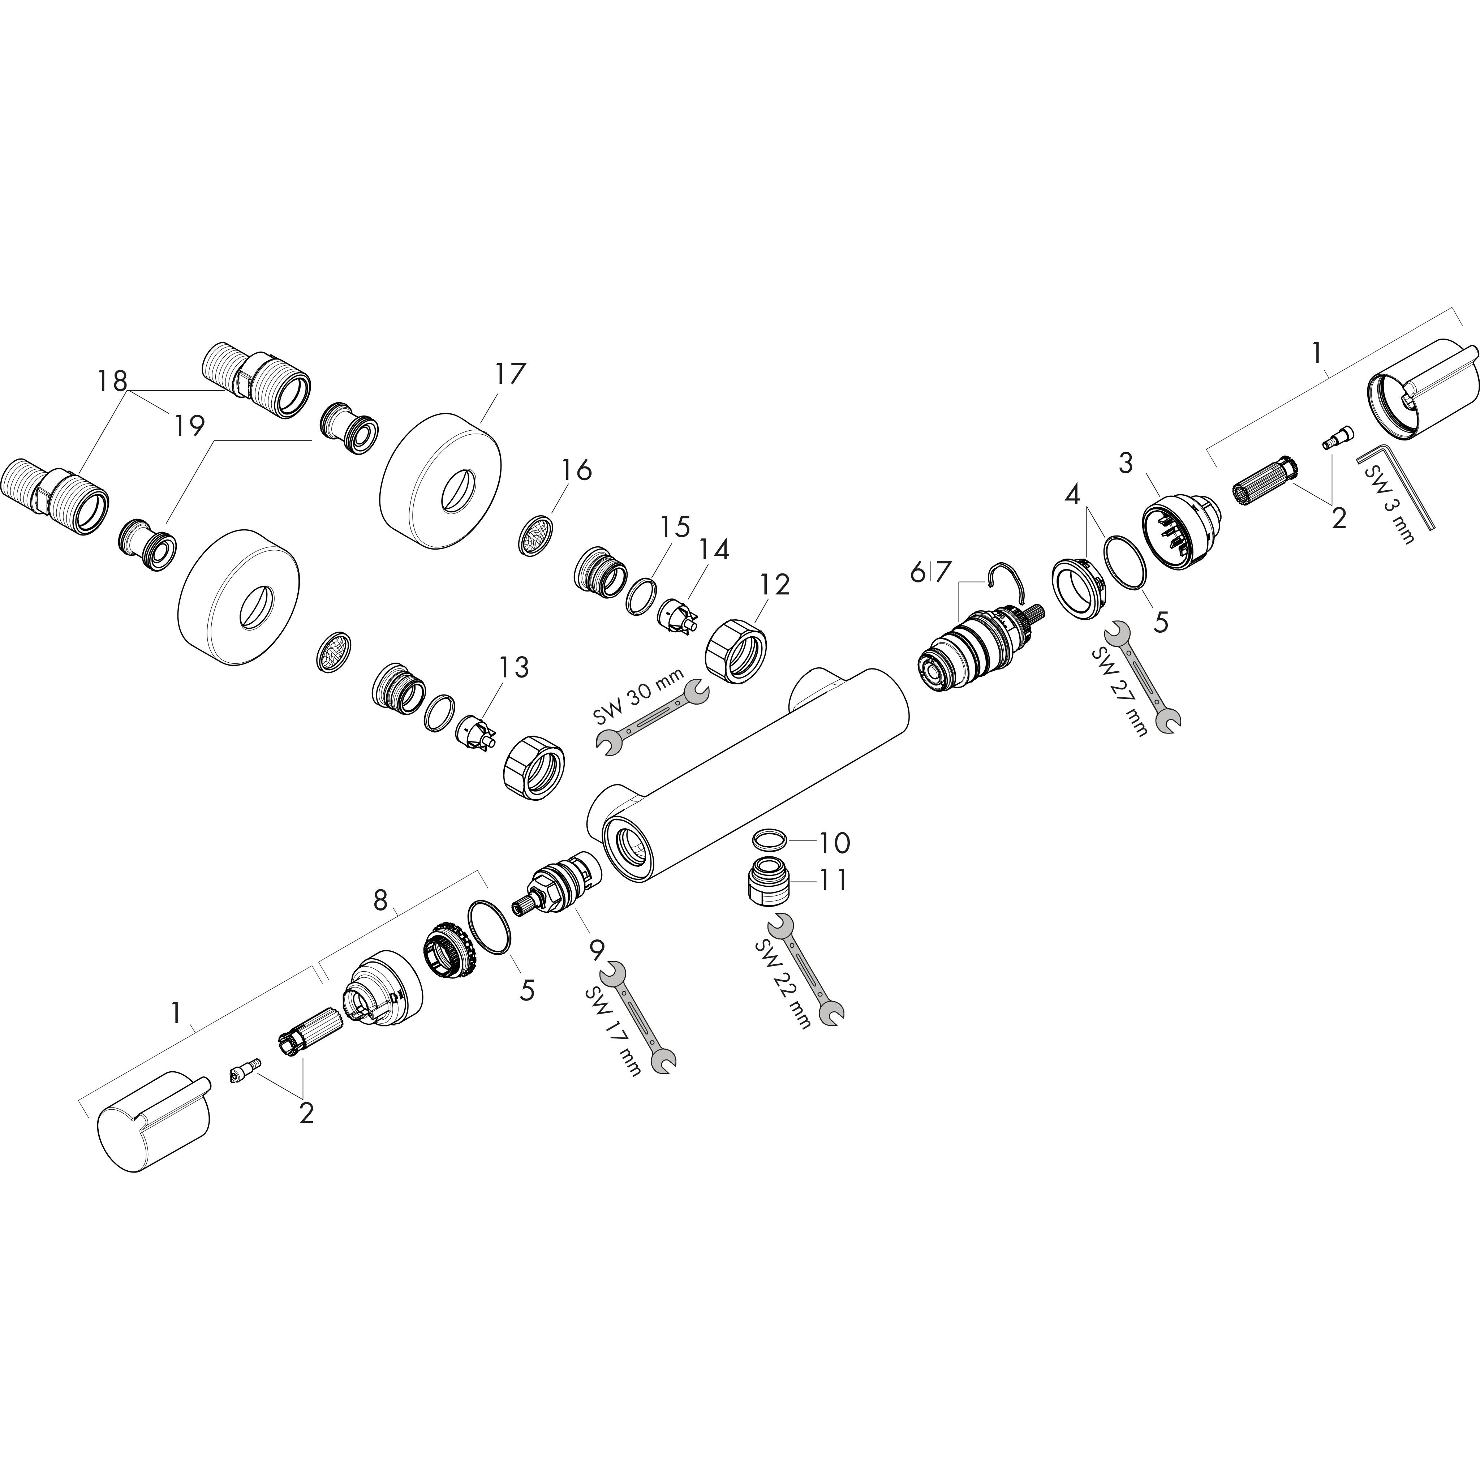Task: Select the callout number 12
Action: click(774, 585)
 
